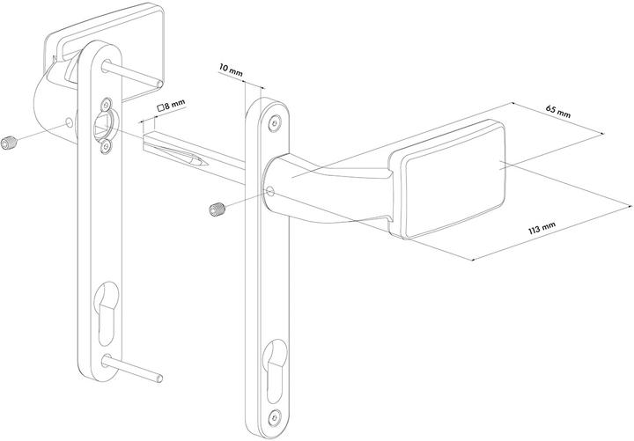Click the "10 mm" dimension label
pos(231,69)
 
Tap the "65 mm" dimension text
pos(557,111)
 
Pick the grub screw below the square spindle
pos(215,209)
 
